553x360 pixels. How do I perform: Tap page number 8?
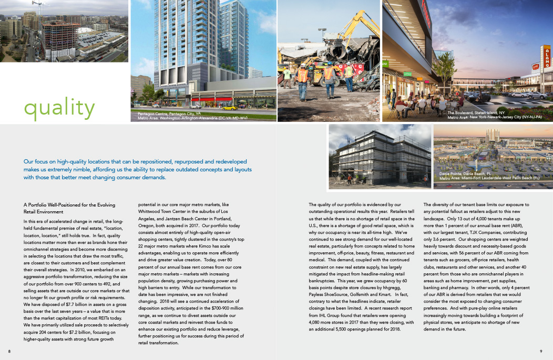tap(9, 351)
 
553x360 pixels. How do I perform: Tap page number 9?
tap(541, 351)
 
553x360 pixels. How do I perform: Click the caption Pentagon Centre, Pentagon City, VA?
tap(172, 114)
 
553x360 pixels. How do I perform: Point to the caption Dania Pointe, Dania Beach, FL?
tap(465, 173)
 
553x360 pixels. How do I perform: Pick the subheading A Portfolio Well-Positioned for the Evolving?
tap(69, 204)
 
